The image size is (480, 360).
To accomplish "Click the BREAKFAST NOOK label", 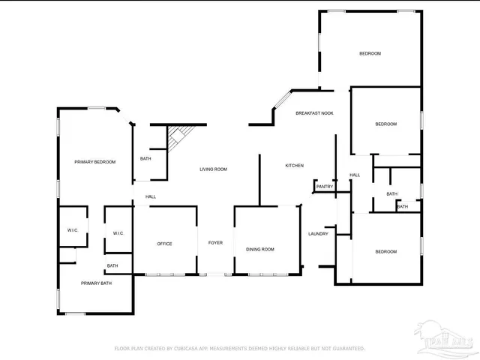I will [x=314, y=113].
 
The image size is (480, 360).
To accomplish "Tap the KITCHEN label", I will [x=294, y=165].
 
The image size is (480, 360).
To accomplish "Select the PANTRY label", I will [x=325, y=187].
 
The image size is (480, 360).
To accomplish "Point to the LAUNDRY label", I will [x=318, y=234].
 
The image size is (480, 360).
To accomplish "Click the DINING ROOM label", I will [x=260, y=249].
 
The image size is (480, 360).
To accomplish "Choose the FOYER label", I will [x=215, y=244].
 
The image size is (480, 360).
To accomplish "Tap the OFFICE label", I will [x=164, y=244].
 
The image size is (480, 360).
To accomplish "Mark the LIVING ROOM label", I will [x=213, y=169].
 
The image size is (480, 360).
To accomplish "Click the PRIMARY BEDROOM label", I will [x=94, y=162].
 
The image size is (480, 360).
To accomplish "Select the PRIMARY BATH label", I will [x=96, y=283].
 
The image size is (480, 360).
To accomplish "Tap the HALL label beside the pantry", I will [x=355, y=175].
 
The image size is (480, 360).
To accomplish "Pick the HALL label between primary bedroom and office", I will [x=151, y=196].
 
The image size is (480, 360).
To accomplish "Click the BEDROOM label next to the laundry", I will [x=385, y=251].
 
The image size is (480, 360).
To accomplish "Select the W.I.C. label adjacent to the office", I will [x=118, y=233].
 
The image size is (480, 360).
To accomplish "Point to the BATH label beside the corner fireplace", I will [x=145, y=158].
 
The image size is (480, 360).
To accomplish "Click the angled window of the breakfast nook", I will [x=282, y=100].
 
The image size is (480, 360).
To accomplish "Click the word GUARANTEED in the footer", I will [x=346, y=349].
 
